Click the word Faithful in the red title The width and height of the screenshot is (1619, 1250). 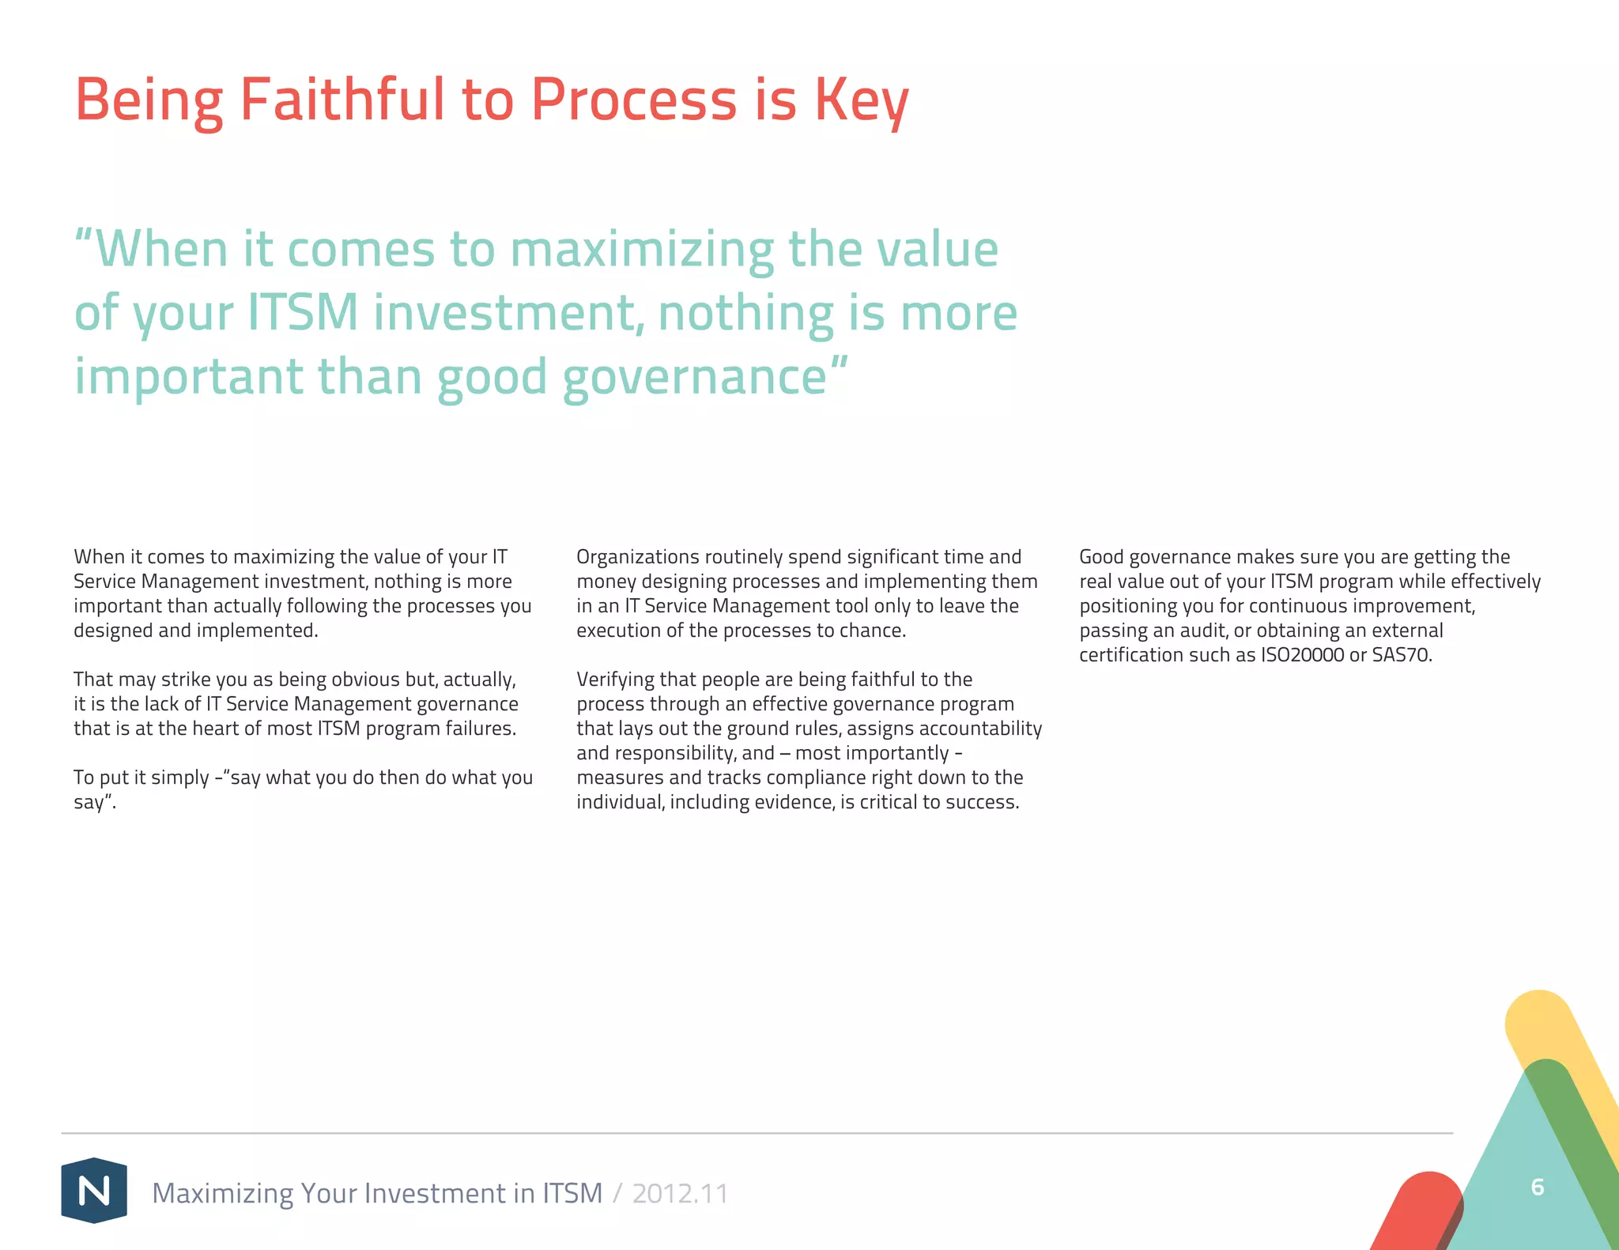pyautogui.click(x=342, y=100)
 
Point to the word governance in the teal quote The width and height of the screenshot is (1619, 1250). pyautogui.click(x=695, y=376)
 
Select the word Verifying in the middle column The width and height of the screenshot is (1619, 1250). pyautogui.click(x=613, y=680)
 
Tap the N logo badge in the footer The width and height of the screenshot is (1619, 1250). pyautogui.click(x=94, y=1190)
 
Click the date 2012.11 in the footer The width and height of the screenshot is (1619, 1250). pyautogui.click(x=680, y=1193)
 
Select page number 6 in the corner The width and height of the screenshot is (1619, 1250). pyautogui.click(x=1538, y=1187)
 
